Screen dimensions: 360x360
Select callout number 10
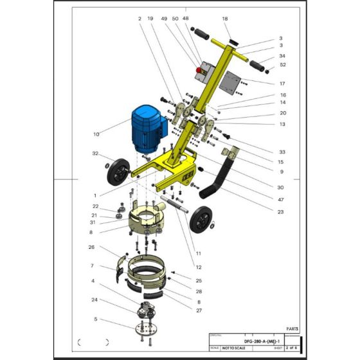(x=96, y=134)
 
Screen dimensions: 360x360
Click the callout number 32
(x=95, y=154)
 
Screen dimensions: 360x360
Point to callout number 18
(x=225, y=20)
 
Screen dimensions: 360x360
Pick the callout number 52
(x=282, y=64)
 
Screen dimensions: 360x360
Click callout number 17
(x=282, y=84)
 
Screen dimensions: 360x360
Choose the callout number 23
(x=280, y=212)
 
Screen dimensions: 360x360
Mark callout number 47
(x=280, y=200)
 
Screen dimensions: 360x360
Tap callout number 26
(x=91, y=246)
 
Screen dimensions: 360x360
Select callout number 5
(x=95, y=319)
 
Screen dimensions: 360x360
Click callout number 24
(x=94, y=300)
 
